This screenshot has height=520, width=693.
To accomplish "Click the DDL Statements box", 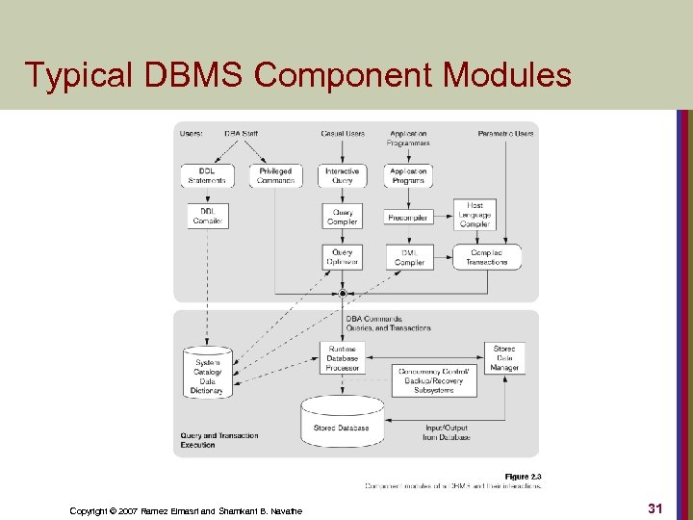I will [207, 176].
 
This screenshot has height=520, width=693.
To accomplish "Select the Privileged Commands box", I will [275, 176].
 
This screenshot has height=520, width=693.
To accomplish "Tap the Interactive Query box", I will [342, 176].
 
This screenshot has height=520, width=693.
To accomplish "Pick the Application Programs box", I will [409, 176].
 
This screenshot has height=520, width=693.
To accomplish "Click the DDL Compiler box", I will [207, 216].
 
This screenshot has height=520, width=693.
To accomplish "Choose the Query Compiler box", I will [342, 217].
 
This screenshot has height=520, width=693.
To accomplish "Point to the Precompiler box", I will [409, 218].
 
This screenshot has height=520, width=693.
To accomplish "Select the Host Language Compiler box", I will [475, 215].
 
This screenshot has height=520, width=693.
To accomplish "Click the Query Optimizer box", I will [342, 257].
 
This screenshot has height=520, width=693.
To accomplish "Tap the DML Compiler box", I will [409, 257].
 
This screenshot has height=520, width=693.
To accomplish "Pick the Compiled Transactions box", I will [486, 257].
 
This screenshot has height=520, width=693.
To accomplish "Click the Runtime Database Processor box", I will [342, 358].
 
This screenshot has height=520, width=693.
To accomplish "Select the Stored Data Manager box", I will [504, 357].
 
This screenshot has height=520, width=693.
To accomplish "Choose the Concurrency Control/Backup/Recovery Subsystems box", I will [433, 380].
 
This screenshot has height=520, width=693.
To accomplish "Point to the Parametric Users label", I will [505, 134].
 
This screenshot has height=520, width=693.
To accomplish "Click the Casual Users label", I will [343, 134].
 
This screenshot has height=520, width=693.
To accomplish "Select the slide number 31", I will [654, 507].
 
